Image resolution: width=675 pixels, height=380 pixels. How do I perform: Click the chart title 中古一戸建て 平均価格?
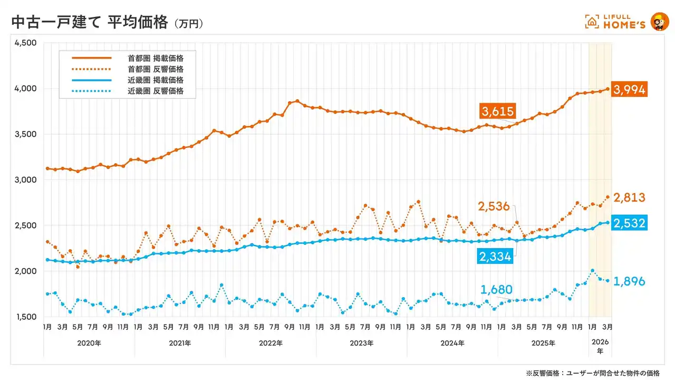pyautogui.click(x=89, y=23)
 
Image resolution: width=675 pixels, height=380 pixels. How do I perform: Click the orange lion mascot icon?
pyautogui.click(x=659, y=22)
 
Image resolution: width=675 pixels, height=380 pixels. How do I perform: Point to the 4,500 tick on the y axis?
pyautogui.click(x=25, y=43)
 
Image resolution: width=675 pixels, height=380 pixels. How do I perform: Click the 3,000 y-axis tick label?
pyautogui.click(x=25, y=180)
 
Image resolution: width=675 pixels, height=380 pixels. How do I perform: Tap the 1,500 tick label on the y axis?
pyautogui.click(x=25, y=317)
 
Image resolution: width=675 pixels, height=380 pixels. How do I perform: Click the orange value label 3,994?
pyautogui.click(x=629, y=89)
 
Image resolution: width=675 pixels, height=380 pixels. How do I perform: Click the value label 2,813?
pyautogui.click(x=629, y=198)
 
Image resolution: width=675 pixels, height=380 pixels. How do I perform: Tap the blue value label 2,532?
pyautogui.click(x=629, y=223)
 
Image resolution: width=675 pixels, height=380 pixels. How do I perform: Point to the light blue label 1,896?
pyautogui.click(x=629, y=281)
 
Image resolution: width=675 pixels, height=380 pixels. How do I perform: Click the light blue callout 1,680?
pyautogui.click(x=497, y=289)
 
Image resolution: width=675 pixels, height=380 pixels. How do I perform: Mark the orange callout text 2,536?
pyautogui.click(x=494, y=206)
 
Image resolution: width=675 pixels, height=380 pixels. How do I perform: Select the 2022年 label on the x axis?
pyautogui.click(x=271, y=343)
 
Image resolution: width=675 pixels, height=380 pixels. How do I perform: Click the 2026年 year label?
pyautogui.click(x=600, y=346)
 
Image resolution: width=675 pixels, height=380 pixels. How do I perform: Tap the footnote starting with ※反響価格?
pyautogui.click(x=592, y=373)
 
